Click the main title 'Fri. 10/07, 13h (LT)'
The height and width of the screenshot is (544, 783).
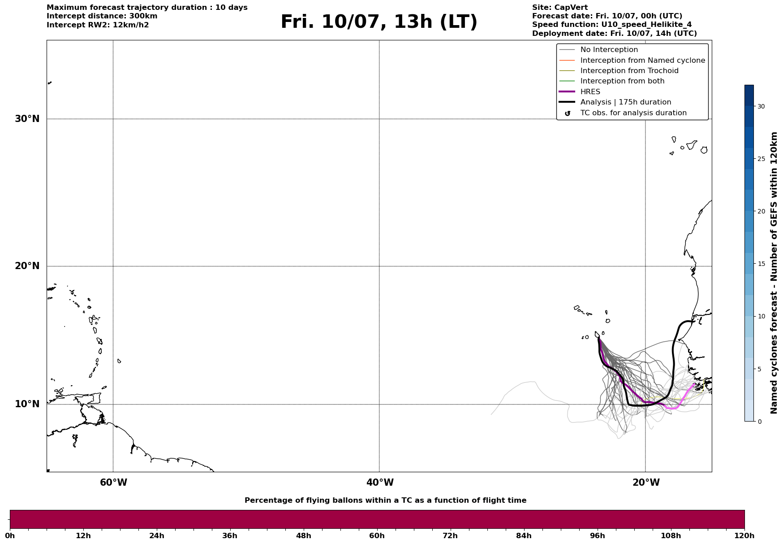(x=379, y=22)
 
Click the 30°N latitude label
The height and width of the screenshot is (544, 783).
(x=27, y=119)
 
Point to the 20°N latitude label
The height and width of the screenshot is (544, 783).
(x=27, y=266)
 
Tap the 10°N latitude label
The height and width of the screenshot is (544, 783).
(x=27, y=404)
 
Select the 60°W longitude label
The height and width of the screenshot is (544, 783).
(x=113, y=483)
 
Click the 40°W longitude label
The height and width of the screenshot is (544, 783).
(x=380, y=483)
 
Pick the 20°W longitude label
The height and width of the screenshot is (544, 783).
(x=646, y=483)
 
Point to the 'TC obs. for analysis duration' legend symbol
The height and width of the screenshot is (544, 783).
(x=568, y=113)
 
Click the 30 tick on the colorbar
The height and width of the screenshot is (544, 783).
(x=761, y=106)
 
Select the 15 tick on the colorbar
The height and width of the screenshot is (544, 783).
(x=761, y=264)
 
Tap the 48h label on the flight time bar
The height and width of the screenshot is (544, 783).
(x=303, y=536)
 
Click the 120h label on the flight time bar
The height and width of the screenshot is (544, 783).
(x=744, y=536)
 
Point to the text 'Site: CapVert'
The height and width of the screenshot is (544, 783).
(x=560, y=8)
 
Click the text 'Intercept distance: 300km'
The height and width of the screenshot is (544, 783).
(x=102, y=16)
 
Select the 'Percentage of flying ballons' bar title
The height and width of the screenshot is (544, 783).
(x=385, y=500)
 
